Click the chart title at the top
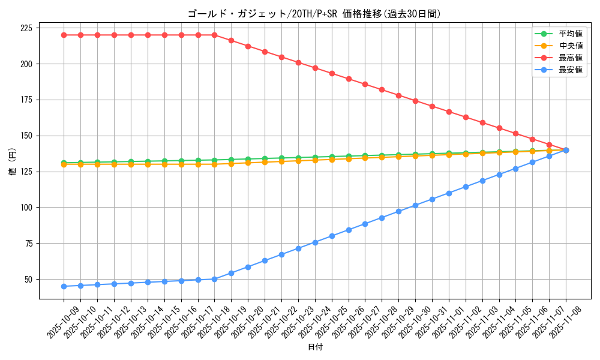click(314, 14)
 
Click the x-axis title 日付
click(315, 347)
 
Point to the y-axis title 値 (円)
click(13, 163)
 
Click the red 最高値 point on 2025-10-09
click(64, 35)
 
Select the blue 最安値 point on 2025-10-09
click(64, 286)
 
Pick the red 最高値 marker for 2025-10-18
click(214, 35)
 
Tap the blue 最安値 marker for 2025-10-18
click(214, 279)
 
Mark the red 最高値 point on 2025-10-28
click(382, 89)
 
